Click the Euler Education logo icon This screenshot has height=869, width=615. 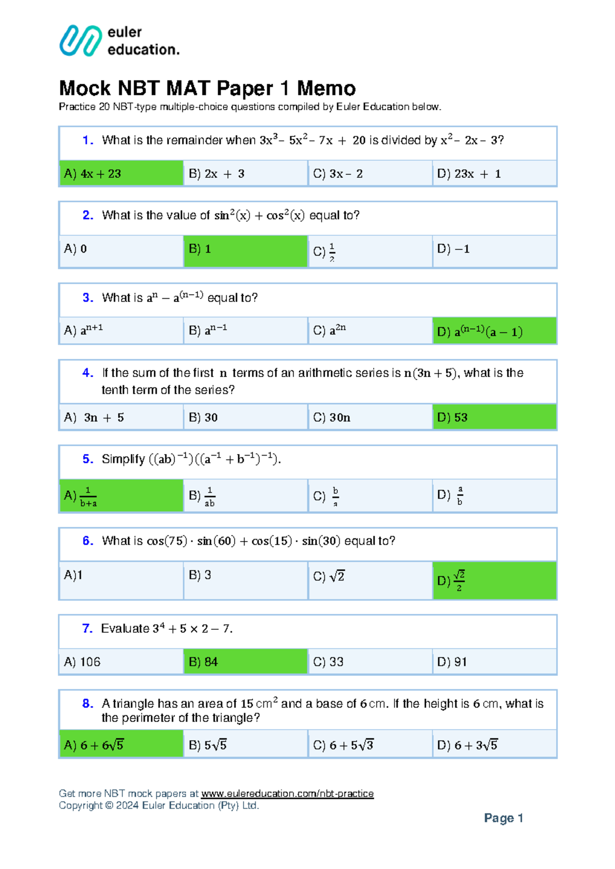pos(80,40)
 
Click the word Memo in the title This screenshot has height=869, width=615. pos(326,88)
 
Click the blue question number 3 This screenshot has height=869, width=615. pos(88,298)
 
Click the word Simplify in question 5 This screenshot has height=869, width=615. pos(123,459)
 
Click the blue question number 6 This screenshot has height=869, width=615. pos(88,541)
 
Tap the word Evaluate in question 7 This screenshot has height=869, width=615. pos(125,629)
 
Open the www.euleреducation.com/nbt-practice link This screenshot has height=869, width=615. pos(287,794)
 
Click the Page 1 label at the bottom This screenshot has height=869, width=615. pos(503,818)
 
